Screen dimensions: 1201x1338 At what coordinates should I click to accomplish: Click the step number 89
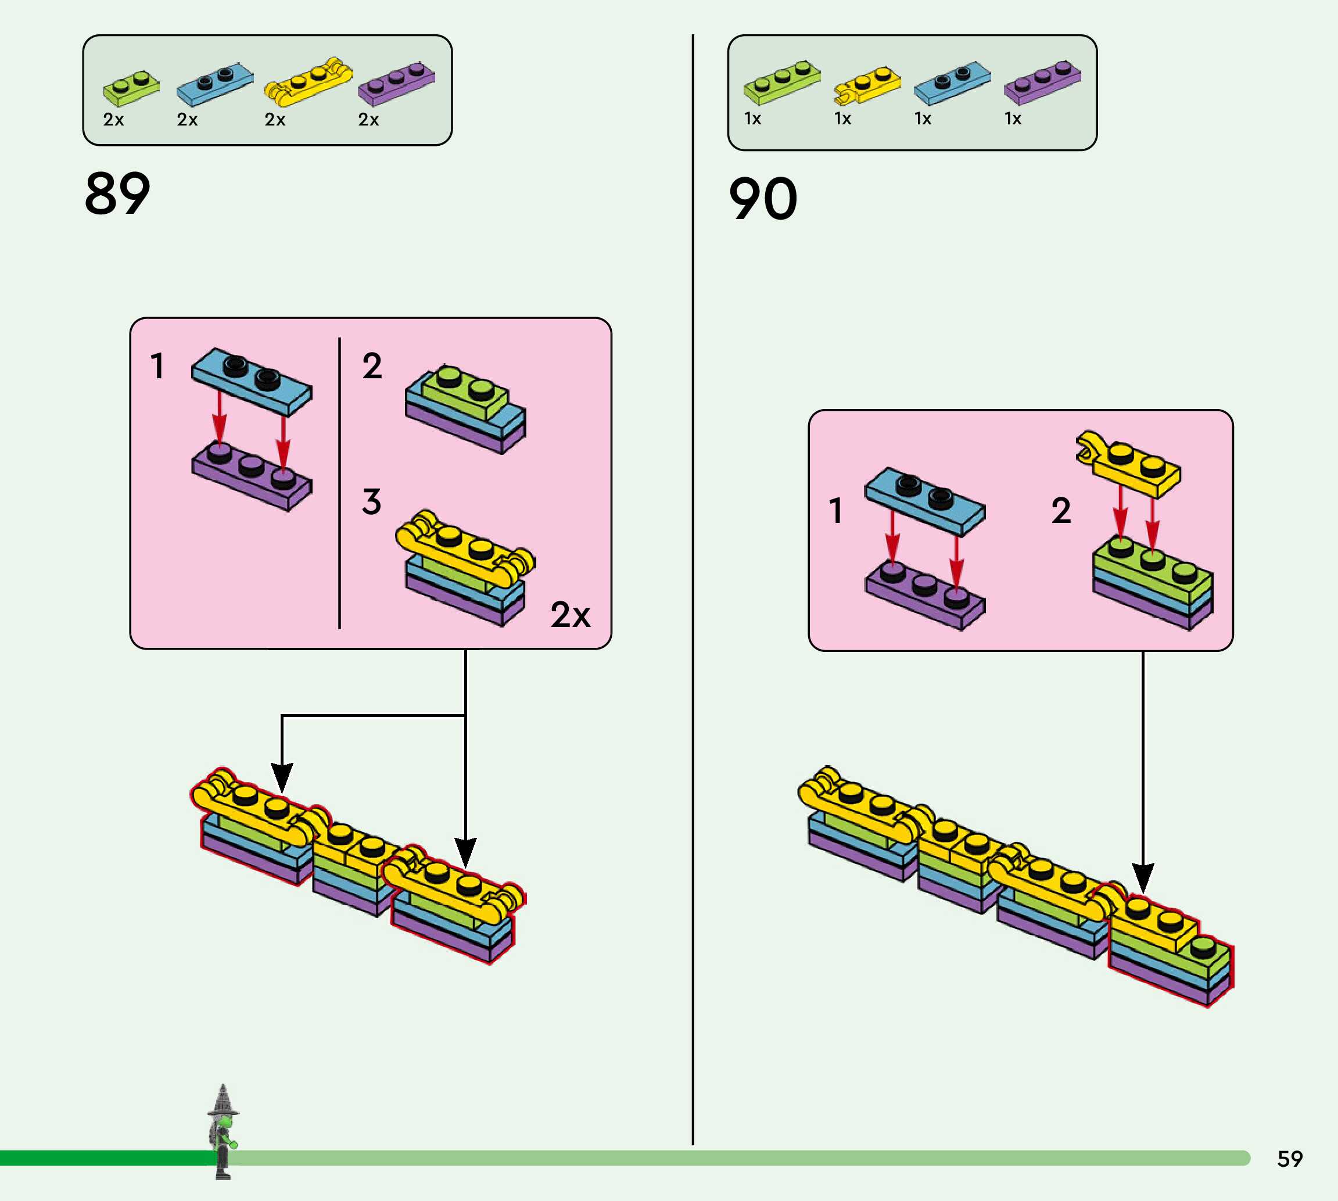pyautogui.click(x=117, y=193)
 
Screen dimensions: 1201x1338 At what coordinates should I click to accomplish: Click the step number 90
pyautogui.click(x=763, y=199)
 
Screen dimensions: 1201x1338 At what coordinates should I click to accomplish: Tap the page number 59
pyautogui.click(x=1290, y=1159)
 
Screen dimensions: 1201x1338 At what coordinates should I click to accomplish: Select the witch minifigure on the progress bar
pyautogui.click(x=223, y=1132)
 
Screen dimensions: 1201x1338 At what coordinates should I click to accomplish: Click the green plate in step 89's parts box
pyautogui.click(x=131, y=88)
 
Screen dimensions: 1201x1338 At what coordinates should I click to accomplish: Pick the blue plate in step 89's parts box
pyautogui.click(x=214, y=83)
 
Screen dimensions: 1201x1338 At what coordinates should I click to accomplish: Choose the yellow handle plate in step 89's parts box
pyautogui.click(x=308, y=82)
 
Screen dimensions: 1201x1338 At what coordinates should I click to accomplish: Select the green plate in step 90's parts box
pyautogui.click(x=782, y=83)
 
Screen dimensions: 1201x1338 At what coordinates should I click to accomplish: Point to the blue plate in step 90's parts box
pyautogui.click(x=952, y=83)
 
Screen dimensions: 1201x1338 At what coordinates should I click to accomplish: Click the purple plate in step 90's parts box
pyautogui.click(x=1042, y=83)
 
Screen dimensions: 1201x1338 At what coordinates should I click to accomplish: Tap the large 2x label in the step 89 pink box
pyautogui.click(x=570, y=615)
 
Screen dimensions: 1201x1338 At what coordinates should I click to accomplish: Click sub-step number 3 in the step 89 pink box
pyautogui.click(x=371, y=501)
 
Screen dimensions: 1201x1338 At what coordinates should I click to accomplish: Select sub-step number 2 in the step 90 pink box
pyautogui.click(x=1061, y=510)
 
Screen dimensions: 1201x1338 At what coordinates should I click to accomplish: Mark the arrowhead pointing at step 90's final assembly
pyautogui.click(x=1143, y=879)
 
